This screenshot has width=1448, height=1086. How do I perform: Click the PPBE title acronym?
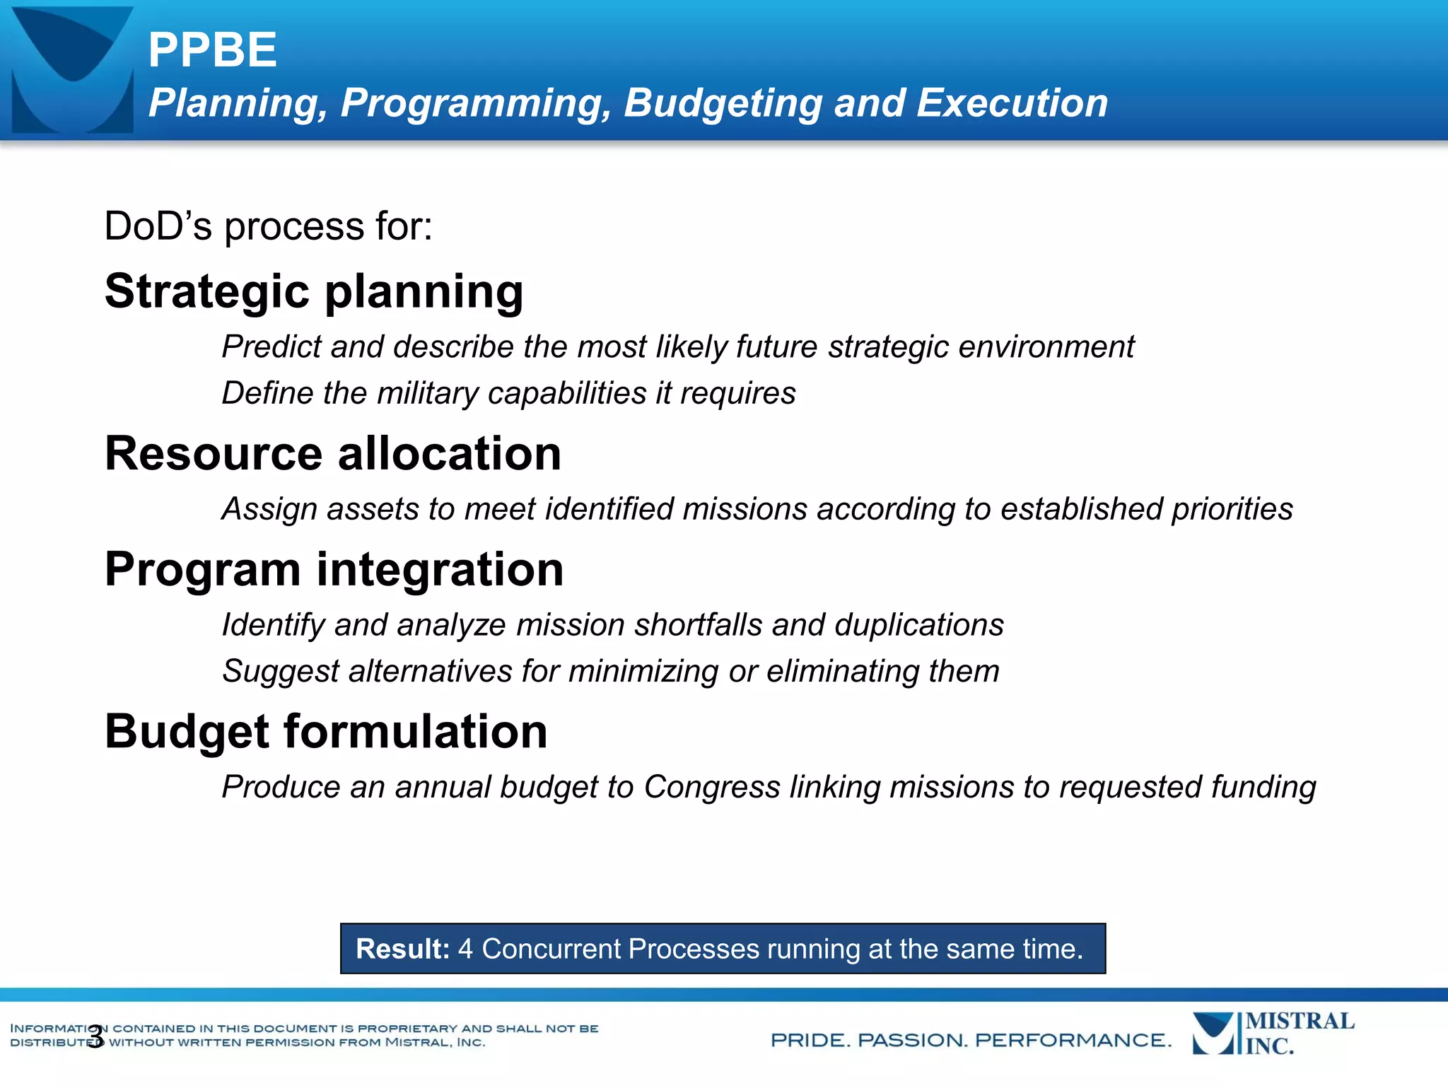pyautogui.click(x=212, y=50)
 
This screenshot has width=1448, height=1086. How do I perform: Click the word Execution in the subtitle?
pyautogui.click(x=1012, y=103)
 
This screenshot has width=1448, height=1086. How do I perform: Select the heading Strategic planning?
pyautogui.click(x=314, y=291)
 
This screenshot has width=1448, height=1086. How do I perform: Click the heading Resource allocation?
pyautogui.click(x=332, y=453)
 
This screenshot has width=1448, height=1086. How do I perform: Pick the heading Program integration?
pyautogui.click(x=334, y=569)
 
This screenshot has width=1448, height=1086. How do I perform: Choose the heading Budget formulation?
pyautogui.click(x=326, y=731)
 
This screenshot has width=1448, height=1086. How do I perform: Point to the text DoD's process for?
pyautogui.click(x=268, y=226)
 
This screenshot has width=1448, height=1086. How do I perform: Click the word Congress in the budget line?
pyautogui.click(x=711, y=787)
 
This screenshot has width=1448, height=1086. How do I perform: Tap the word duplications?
pyautogui.click(x=918, y=625)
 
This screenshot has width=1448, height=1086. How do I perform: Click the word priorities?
pyautogui.click(x=1232, y=509)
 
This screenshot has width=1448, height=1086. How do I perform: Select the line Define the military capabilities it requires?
pyautogui.click(x=508, y=393)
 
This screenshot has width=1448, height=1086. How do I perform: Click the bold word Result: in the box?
pyautogui.click(x=402, y=949)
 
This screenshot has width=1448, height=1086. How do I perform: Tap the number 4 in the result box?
pyautogui.click(x=465, y=949)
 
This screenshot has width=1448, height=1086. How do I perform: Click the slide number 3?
pyautogui.click(x=95, y=1035)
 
